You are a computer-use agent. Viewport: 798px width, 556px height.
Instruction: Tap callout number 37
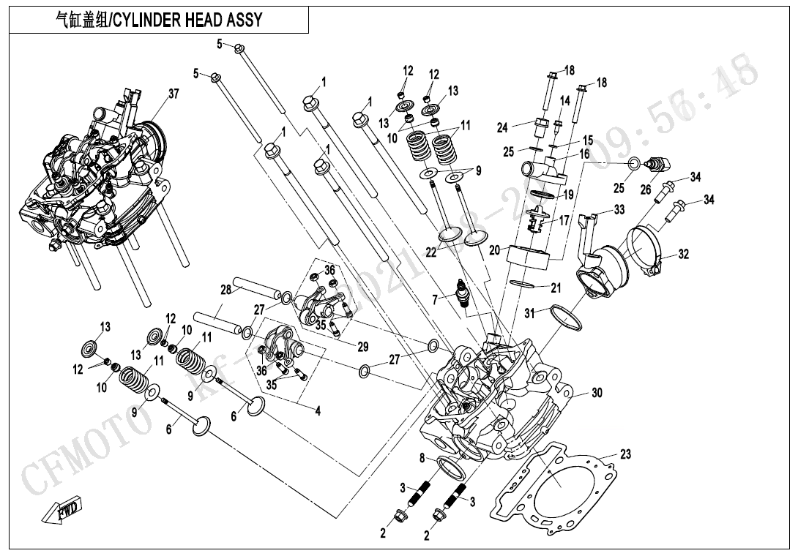(173, 94)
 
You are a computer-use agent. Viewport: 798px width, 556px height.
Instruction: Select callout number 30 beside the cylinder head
(597, 393)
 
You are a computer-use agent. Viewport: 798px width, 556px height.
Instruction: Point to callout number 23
(624, 454)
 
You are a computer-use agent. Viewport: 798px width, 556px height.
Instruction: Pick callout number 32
(683, 255)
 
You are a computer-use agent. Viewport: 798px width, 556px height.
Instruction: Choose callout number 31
(529, 313)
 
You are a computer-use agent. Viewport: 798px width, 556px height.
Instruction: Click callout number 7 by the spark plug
(434, 299)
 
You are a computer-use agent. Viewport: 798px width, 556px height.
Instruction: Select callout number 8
(422, 458)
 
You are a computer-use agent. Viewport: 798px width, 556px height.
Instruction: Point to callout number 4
(318, 411)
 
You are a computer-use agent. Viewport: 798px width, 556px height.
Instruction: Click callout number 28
(225, 290)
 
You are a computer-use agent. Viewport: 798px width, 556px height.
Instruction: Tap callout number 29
(363, 347)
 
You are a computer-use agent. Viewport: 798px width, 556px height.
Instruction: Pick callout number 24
(502, 128)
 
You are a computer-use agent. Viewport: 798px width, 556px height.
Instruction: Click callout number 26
(645, 189)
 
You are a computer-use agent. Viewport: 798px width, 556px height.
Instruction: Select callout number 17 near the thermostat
(564, 219)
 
